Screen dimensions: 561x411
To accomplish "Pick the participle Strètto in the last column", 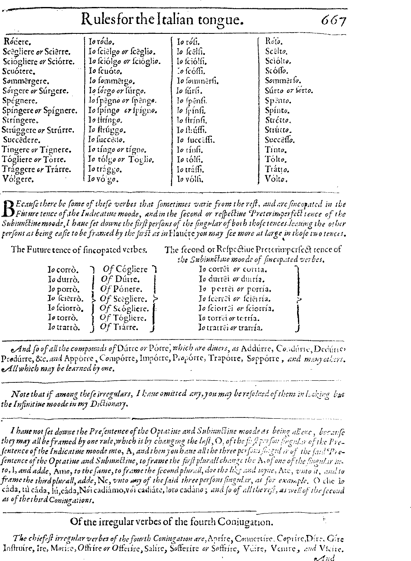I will click(x=278, y=120).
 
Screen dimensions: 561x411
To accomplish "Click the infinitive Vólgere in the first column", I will click(x=18, y=179).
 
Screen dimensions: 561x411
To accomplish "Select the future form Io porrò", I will click(x=64, y=289).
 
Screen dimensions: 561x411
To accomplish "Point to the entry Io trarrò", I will click(x=64, y=328).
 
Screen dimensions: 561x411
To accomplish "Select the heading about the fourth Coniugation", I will click(x=171, y=522).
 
